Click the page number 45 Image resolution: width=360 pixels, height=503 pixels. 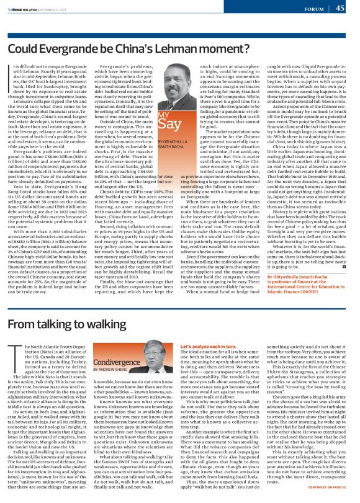pos(340,8)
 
